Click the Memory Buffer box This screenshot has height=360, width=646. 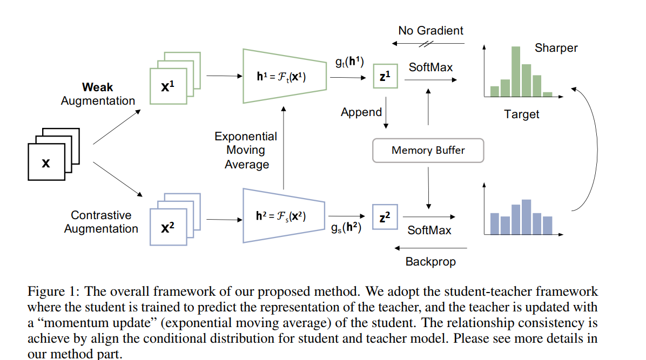[x=428, y=151]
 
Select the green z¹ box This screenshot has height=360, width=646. [x=385, y=76]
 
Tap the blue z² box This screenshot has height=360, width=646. [x=385, y=216]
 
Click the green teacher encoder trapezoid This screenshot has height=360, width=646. [x=284, y=76]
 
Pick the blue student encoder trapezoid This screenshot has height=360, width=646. [x=284, y=216]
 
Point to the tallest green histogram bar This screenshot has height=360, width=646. [x=515, y=71]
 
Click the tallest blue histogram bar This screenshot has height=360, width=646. [x=526, y=217]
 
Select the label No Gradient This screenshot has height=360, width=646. [x=430, y=30]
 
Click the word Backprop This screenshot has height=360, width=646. [x=430, y=262]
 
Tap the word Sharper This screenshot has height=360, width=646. [x=556, y=48]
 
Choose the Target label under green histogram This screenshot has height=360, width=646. [x=522, y=114]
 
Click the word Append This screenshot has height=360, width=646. [x=361, y=112]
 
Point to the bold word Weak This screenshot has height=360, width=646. [x=97, y=87]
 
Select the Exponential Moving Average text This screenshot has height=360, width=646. [x=246, y=151]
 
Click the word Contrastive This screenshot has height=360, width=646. [x=101, y=215]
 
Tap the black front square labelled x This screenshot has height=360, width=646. [x=46, y=162]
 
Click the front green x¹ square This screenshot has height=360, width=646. [x=168, y=86]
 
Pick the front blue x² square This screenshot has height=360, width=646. [x=168, y=227]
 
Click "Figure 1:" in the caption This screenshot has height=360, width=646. [x=53, y=291]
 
